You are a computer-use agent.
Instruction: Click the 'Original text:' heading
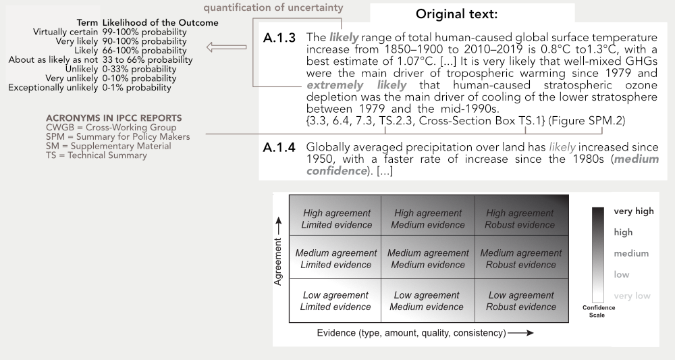pos(456,14)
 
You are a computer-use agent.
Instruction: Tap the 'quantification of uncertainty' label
pos(273,7)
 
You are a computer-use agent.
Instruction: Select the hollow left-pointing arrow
pos(226,47)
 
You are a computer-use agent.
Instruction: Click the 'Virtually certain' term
pos(65,32)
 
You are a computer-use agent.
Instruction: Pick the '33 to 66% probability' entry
pos(147,60)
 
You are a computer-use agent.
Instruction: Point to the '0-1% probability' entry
pos(136,88)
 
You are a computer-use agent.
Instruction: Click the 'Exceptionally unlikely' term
pos(53,88)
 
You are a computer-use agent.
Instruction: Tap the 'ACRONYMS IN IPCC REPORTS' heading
pos(114,118)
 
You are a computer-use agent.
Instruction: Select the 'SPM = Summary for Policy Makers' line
pos(118,137)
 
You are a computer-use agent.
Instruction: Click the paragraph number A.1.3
pos(279,38)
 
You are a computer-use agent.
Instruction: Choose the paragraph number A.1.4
pos(279,148)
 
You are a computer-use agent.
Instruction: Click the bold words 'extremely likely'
pos(356,85)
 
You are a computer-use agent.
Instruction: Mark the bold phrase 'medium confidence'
pos(483,165)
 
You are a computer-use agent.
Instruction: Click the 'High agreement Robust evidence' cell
pos(520,219)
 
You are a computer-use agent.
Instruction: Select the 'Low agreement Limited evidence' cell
pos(335,301)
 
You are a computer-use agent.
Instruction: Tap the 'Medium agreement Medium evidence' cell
pos(428,259)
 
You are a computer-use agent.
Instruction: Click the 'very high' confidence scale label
pos(634,211)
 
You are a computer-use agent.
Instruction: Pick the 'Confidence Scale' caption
pos(598,311)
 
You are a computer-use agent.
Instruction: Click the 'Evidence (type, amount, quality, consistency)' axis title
pos(412,333)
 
